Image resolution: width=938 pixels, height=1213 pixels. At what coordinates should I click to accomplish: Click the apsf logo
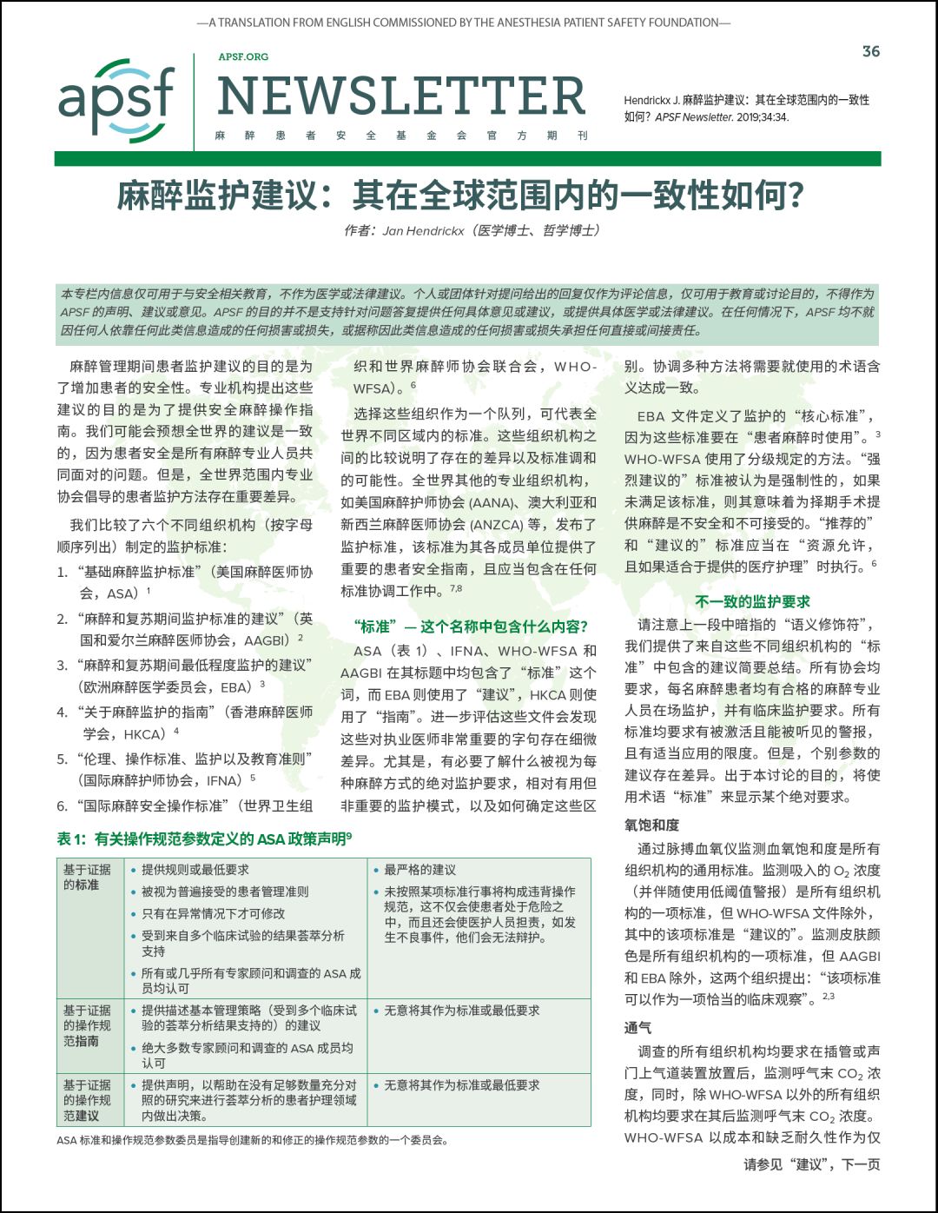116,101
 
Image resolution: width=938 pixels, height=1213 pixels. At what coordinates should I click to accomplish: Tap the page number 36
870,51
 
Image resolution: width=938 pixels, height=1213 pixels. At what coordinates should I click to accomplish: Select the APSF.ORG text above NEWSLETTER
243,56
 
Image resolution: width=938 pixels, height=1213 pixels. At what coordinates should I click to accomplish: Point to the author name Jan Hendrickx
423,231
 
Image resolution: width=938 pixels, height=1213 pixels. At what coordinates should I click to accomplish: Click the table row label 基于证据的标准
87,877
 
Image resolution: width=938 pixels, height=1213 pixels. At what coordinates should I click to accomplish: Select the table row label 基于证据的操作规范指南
87,1025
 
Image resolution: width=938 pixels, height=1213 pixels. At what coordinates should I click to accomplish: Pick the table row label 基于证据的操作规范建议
87,1100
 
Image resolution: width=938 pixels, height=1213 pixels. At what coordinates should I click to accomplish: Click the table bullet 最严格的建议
419,870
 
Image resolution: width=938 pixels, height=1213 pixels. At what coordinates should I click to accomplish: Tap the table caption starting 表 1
204,838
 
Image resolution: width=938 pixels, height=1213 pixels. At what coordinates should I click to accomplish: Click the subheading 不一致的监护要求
752,601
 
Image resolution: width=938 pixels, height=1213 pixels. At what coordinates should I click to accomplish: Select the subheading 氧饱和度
651,825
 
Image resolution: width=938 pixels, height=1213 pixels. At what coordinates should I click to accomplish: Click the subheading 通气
637,1027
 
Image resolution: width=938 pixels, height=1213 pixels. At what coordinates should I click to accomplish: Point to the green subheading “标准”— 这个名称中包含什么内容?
470,626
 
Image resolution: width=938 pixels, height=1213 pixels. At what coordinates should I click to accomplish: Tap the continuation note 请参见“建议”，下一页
811,1164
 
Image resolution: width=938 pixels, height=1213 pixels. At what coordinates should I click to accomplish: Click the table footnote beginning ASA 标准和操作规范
252,1140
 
